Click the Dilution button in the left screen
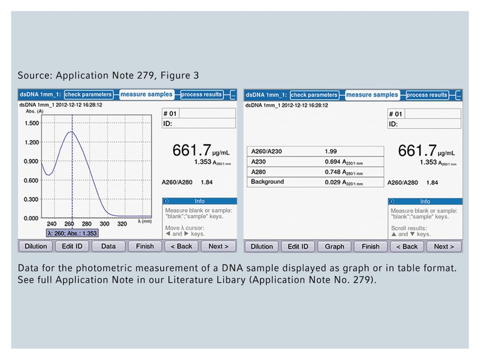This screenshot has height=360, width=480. tap(36, 246)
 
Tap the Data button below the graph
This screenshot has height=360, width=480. tap(109, 246)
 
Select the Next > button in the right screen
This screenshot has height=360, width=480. tap(441, 247)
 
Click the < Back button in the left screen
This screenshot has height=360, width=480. tap(181, 246)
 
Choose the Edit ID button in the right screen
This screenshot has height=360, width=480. tap(298, 247)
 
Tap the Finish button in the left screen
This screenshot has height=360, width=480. tap(145, 246)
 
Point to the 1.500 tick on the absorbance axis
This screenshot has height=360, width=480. tap(32, 123)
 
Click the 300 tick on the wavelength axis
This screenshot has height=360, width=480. tap(104, 224)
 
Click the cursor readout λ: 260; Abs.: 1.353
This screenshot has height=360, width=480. tap(73, 233)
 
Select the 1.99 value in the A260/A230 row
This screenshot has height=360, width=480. tap(331, 151)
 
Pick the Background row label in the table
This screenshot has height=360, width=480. tap(267, 182)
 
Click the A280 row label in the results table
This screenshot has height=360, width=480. tap(259, 172)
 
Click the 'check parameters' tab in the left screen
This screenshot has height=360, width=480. tap(88, 94)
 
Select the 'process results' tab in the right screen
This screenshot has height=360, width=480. tap(427, 95)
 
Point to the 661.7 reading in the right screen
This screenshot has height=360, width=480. tap(417, 151)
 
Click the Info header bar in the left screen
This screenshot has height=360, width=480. tap(199, 201)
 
